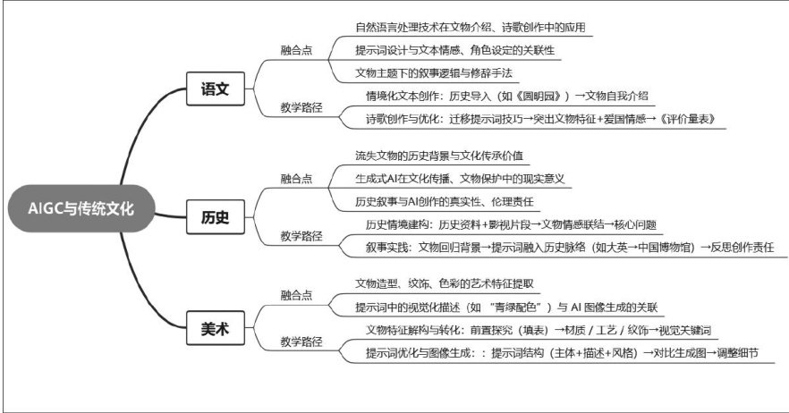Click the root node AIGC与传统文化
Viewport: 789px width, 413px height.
[81, 209]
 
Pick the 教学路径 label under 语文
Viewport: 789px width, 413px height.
[301, 108]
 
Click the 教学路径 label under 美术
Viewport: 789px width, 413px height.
[301, 341]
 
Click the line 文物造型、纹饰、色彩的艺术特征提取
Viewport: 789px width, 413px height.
[445, 283]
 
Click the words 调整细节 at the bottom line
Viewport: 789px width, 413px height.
[746, 352]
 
